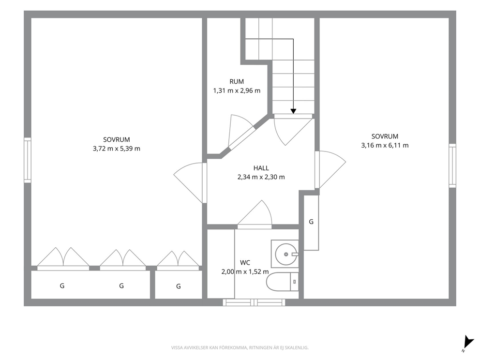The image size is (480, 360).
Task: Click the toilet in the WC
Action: click(x=282, y=282)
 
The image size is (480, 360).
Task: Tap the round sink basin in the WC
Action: click(x=286, y=254)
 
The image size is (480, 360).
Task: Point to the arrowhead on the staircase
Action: click(x=293, y=111)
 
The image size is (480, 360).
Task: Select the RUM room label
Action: click(x=237, y=81)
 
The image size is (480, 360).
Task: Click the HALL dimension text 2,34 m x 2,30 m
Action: click(x=261, y=177)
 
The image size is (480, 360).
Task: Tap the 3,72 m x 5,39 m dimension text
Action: click(x=117, y=149)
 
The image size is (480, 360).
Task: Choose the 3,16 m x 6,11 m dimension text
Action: click(x=385, y=146)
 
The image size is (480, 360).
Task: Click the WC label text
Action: click(x=245, y=263)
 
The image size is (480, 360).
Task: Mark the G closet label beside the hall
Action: click(x=311, y=222)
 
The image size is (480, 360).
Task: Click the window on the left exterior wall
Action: click(x=28, y=160)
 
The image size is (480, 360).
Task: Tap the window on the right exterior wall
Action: click(x=452, y=165)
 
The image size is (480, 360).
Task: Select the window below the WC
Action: click(x=254, y=302)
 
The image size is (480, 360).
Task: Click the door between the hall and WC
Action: click(x=255, y=214)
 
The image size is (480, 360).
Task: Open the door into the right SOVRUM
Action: click(x=330, y=169)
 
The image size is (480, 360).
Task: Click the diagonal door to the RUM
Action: click(x=241, y=132)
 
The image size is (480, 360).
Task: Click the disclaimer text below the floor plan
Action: click(x=240, y=347)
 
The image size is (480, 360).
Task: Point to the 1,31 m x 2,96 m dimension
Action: click(x=237, y=90)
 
